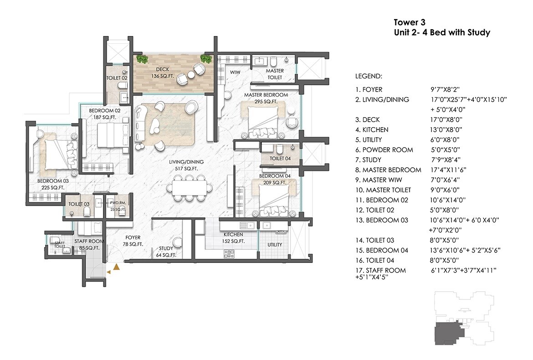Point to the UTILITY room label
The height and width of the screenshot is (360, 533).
point(275,245)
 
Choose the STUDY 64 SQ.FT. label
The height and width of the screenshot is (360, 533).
point(166,252)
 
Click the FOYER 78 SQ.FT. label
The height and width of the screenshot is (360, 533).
point(133,241)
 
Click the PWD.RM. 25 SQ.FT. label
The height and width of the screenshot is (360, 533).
point(117,206)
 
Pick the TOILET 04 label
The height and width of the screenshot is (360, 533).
point(280,159)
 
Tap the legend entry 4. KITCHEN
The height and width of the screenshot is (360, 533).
point(372,130)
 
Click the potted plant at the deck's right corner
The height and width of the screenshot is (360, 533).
point(206,59)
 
